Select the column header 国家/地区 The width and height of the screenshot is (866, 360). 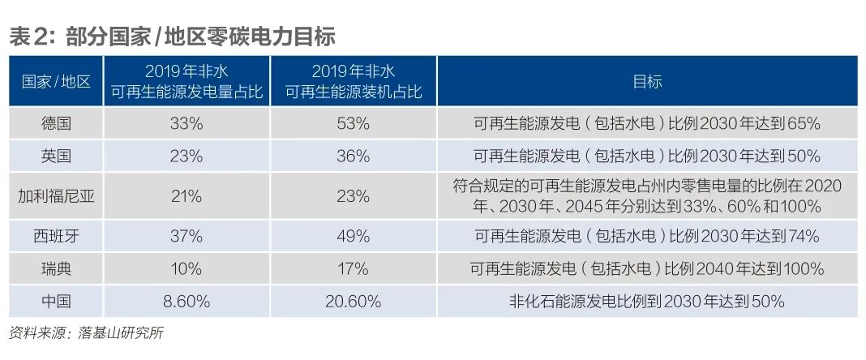pyautogui.click(x=56, y=81)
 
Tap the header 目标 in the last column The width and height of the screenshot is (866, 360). pyautogui.click(x=647, y=81)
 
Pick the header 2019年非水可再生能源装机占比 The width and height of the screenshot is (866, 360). pyautogui.click(x=354, y=81)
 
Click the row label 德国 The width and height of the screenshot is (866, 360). pyautogui.click(x=56, y=124)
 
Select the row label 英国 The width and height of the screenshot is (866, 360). pyautogui.click(x=56, y=156)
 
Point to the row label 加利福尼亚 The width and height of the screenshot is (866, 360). pyautogui.click(x=56, y=195)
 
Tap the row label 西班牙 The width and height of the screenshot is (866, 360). pyautogui.click(x=56, y=236)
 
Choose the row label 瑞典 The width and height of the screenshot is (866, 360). pyautogui.click(x=56, y=268)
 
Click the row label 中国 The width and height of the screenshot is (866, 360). pyautogui.click(x=56, y=302)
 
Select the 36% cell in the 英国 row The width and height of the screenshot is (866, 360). pyautogui.click(x=354, y=156)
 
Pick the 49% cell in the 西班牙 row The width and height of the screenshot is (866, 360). pyautogui.click(x=354, y=236)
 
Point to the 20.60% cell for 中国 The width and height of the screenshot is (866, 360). pyautogui.click(x=354, y=302)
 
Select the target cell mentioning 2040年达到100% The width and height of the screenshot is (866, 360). pyautogui.click(x=647, y=268)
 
